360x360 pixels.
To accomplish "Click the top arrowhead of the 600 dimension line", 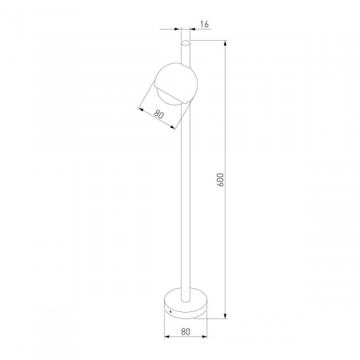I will click(227, 42).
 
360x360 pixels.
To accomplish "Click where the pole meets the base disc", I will click(186, 285).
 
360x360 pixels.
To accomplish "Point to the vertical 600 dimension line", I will click(227, 240).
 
